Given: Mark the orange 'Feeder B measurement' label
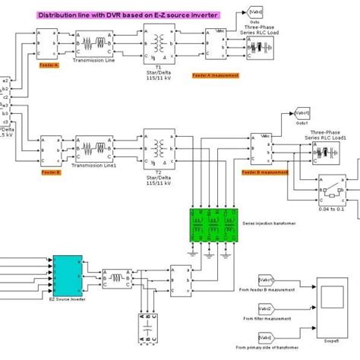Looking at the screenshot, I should [x=265, y=173].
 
